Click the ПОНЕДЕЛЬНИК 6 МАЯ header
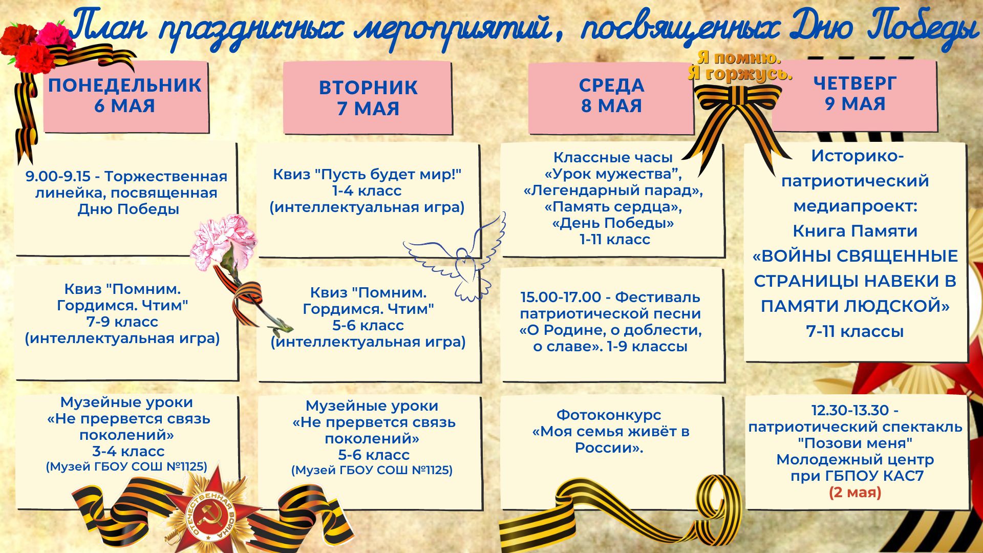[x=125, y=95]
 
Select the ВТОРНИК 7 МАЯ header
[x=368, y=98]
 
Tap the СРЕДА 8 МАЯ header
[x=611, y=95]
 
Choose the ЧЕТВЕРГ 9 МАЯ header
[x=854, y=93]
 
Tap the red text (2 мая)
[x=855, y=493]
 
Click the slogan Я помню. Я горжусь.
[x=739, y=66]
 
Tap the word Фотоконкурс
[x=609, y=415]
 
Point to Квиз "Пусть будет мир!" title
[x=367, y=175]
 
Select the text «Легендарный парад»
[x=613, y=191]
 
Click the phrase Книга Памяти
[x=855, y=231]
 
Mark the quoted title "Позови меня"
[x=855, y=443]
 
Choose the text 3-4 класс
[x=128, y=452]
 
